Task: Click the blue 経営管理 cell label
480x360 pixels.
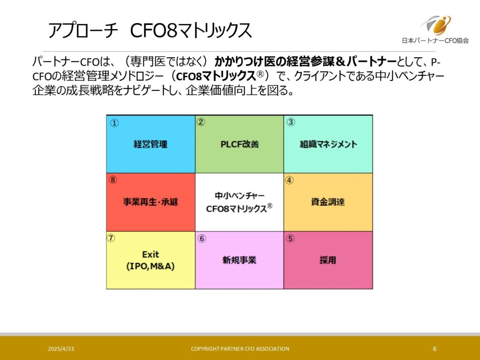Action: [150, 144]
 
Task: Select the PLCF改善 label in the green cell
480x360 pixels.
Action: [240, 144]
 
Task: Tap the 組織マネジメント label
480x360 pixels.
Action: [328, 144]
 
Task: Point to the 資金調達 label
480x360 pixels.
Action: [328, 202]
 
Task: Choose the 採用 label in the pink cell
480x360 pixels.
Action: [328, 260]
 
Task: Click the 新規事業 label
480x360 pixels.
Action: [239, 260]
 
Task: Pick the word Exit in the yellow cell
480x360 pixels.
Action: [150, 255]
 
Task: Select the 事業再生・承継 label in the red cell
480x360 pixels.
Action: [150, 202]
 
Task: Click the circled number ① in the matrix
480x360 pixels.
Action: [114, 123]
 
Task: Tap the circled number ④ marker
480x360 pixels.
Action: [289, 180]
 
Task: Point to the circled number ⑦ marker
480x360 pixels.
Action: [111, 238]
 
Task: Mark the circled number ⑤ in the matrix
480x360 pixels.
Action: [290, 239]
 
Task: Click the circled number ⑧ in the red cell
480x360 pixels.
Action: [113, 180]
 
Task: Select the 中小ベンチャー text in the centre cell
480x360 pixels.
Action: [240, 195]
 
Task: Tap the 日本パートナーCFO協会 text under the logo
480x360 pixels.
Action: [435, 40]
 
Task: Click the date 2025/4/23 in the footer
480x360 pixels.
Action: [61, 349]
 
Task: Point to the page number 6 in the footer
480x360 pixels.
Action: [435, 349]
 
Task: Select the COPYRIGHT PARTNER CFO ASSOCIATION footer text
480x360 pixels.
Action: [240, 349]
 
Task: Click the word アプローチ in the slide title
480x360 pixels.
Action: [83, 30]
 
